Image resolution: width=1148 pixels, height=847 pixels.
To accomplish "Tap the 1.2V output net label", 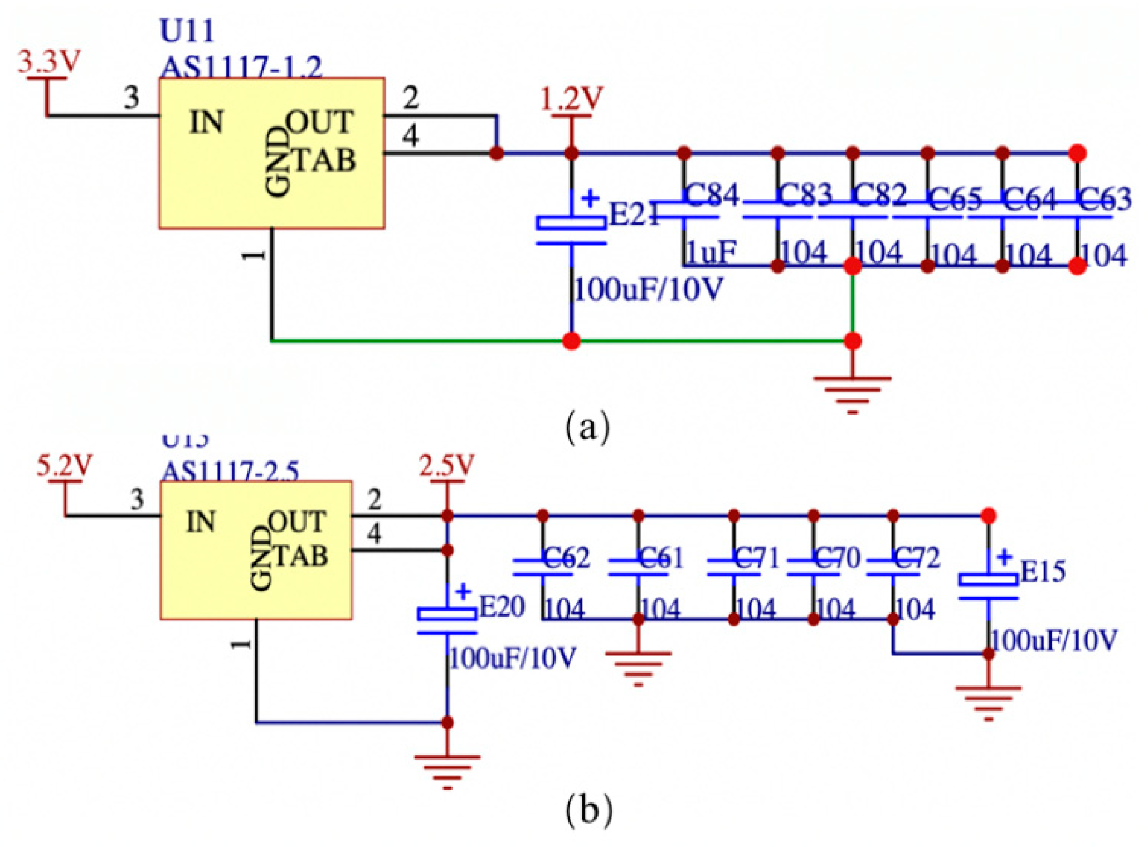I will pyautogui.click(x=571, y=99).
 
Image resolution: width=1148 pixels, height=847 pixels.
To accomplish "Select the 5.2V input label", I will pyautogui.click(x=65, y=465).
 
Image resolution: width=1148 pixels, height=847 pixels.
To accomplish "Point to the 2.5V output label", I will pyautogui.click(x=446, y=465).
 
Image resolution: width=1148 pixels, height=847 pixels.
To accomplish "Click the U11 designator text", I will pyautogui.click(x=187, y=31).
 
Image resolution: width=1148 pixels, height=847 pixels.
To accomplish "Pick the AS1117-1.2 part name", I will pyautogui.click(x=241, y=68).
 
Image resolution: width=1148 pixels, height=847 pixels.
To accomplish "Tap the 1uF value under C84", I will pyautogui.click(x=711, y=252).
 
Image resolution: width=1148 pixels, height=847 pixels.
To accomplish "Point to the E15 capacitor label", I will pyautogui.click(x=1042, y=571).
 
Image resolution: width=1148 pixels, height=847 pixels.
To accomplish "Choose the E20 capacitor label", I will pyautogui.click(x=502, y=606).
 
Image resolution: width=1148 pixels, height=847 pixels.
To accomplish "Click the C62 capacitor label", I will pyautogui.click(x=566, y=557).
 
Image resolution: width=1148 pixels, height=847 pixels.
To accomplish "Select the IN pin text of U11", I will pyautogui.click(x=206, y=122).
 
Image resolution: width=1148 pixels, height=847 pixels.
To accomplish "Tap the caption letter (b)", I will pyautogui.click(x=588, y=810).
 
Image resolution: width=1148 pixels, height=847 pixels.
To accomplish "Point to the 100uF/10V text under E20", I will pyautogui.click(x=512, y=659).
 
